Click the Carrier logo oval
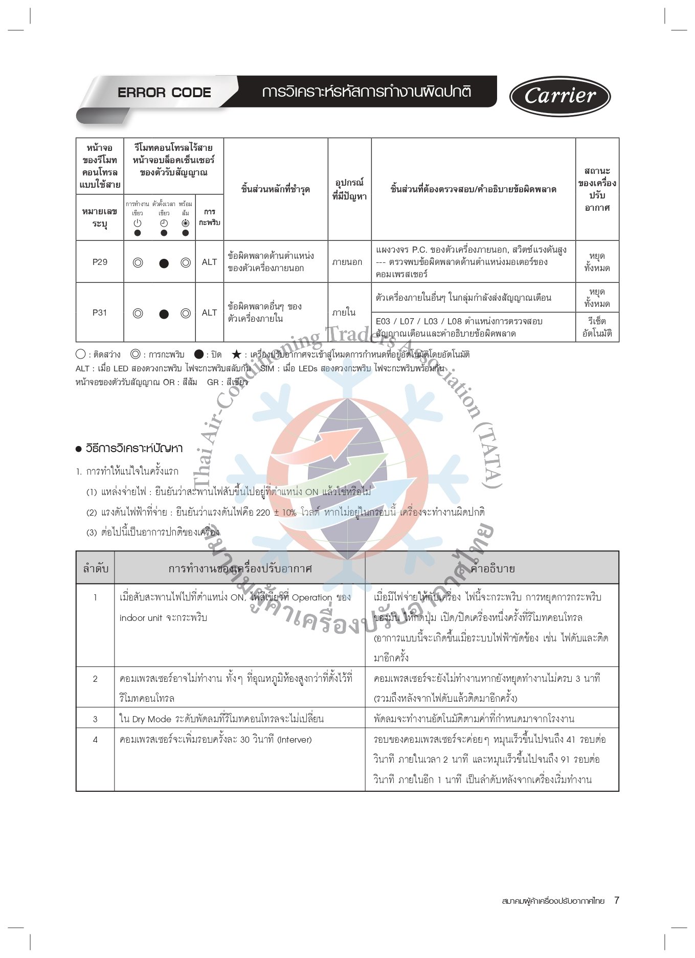coord(560,96)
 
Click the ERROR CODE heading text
coord(164,93)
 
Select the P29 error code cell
coord(100,262)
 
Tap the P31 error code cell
coord(100,313)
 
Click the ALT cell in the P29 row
coord(209,262)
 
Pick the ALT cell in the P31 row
coord(209,313)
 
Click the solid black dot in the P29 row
coord(164,263)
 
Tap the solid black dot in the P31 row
coord(164,314)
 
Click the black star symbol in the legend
coord(236,354)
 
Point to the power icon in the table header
coord(137,223)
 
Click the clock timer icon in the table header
coord(164,223)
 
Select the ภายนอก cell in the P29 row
coord(347,262)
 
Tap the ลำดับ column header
coord(96,568)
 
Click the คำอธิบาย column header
coord(492,568)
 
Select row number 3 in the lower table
coord(95,719)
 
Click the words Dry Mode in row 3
coord(152,719)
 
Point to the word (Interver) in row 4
coord(294,740)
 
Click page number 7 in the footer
coord(617,900)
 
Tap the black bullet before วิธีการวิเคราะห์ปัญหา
coord(79,449)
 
